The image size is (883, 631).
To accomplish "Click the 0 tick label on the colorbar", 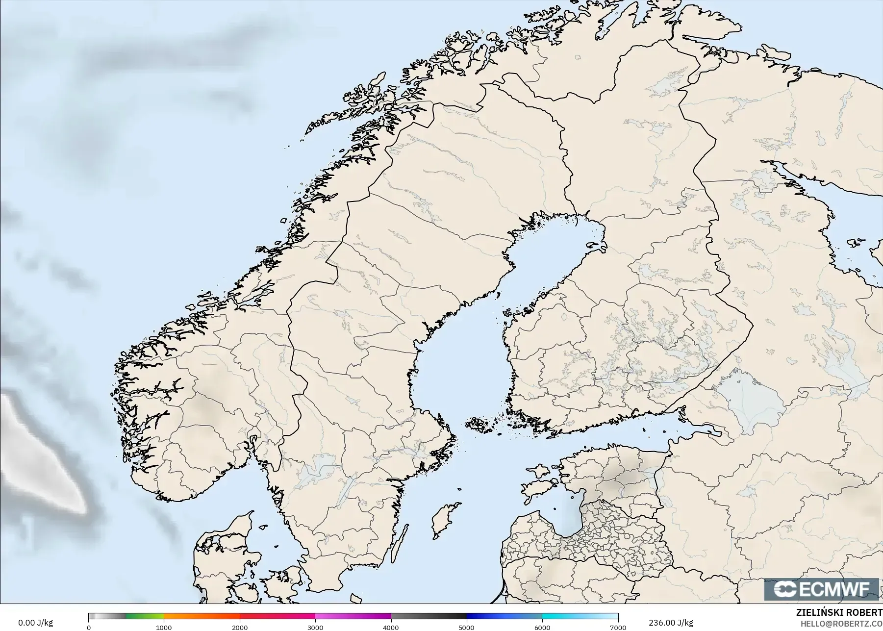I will click(89, 628).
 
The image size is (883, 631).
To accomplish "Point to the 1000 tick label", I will click(164, 628).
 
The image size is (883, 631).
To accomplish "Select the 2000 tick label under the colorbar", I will click(240, 628).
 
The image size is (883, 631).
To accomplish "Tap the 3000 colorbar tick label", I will click(315, 628).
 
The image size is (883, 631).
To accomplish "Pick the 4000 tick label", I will click(391, 628).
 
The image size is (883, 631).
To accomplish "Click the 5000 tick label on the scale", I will click(466, 628).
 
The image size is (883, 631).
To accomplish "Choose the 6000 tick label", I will click(542, 628).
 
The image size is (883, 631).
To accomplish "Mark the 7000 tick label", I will click(618, 628).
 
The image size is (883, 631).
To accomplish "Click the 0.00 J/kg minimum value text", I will click(35, 623).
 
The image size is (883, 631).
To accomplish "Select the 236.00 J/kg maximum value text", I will click(670, 623).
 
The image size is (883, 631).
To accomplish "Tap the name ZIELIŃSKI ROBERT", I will click(839, 613).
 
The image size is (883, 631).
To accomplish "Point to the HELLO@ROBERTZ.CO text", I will click(841, 624).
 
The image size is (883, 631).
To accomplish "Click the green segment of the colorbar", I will click(145, 616).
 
